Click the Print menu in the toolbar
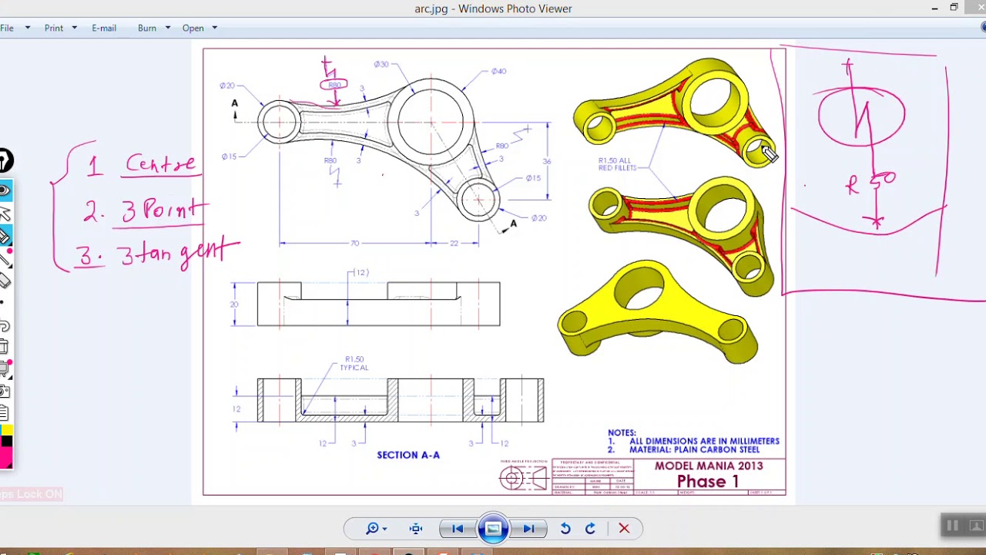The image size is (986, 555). pyautogui.click(x=54, y=28)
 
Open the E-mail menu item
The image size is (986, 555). pyautogui.click(x=104, y=28)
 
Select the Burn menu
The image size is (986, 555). pyautogui.click(x=147, y=28)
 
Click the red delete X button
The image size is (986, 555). pyautogui.click(x=624, y=529)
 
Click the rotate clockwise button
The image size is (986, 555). pyautogui.click(x=590, y=529)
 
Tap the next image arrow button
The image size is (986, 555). pyautogui.click(x=528, y=529)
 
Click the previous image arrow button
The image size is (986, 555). pyautogui.click(x=458, y=529)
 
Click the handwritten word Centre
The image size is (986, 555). pyautogui.click(x=160, y=163)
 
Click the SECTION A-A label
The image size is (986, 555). pyautogui.click(x=408, y=455)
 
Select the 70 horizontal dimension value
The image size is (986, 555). pyautogui.click(x=354, y=244)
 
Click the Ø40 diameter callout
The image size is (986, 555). pyautogui.click(x=498, y=72)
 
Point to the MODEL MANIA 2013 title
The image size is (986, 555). pyautogui.click(x=709, y=466)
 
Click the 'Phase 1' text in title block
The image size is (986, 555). pyautogui.click(x=707, y=482)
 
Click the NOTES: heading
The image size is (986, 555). pyautogui.click(x=622, y=433)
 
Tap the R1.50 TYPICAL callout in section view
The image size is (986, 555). pyautogui.click(x=354, y=363)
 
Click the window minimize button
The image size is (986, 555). pyautogui.click(x=934, y=8)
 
